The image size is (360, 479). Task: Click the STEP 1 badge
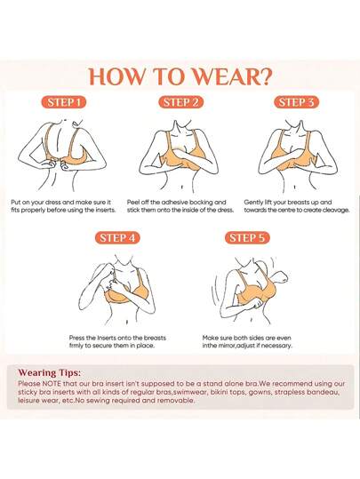tap(64, 102)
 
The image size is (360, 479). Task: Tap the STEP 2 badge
tap(180, 102)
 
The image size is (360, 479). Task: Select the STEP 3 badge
tap(296, 102)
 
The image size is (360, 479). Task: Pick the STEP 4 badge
tap(117, 238)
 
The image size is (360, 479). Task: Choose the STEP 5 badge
tap(247, 238)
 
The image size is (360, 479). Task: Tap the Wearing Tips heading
tap(50, 373)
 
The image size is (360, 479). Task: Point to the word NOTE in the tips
tap(52, 384)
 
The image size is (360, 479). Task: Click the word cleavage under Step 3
tap(336, 210)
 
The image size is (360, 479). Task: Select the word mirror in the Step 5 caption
tap(226, 346)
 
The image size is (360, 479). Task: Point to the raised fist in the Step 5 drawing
tap(281, 277)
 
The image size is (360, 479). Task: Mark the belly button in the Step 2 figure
tap(182, 187)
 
